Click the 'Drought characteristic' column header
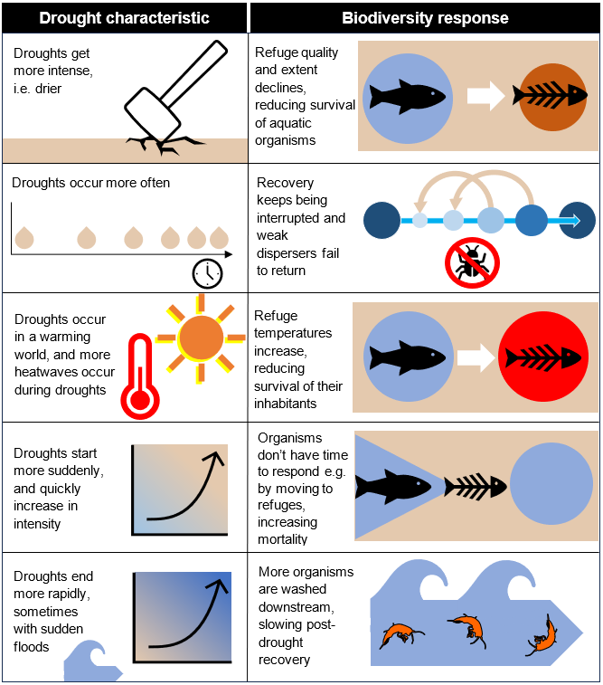pyautogui.click(x=124, y=18)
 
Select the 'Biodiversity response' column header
pyautogui.click(x=425, y=18)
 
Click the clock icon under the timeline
pyautogui.click(x=207, y=273)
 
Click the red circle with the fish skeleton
pyautogui.click(x=542, y=357)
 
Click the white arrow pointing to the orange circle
pyautogui.click(x=485, y=96)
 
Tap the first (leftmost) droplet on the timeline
pyautogui.click(x=24, y=237)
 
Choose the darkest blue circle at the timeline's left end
pyautogui.click(x=381, y=220)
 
